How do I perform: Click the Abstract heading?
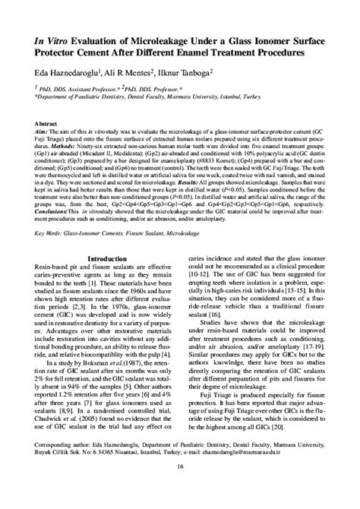point(47,123)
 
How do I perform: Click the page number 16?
point(180,488)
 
